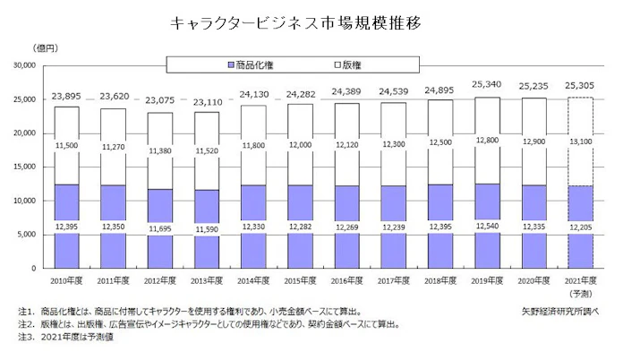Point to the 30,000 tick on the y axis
(x=24, y=65)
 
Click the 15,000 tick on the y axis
(x=24, y=167)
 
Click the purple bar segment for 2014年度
(x=250, y=224)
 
